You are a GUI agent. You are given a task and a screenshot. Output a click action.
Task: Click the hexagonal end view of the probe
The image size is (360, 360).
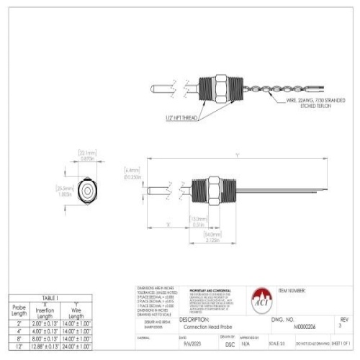coord(86,190)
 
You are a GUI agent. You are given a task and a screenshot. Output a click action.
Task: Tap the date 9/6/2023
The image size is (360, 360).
coord(192,345)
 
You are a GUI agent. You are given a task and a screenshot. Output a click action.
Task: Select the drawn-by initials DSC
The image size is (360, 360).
coord(229,345)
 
